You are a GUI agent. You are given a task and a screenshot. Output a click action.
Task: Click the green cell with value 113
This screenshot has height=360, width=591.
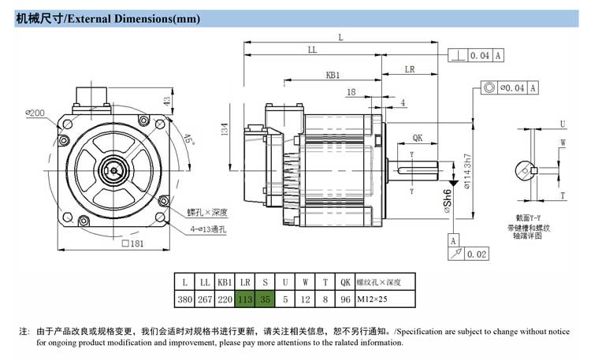pos(244,299)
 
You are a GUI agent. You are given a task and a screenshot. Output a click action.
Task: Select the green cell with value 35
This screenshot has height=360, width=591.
pos(265,299)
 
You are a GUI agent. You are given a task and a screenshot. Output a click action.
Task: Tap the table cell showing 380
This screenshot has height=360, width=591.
pos(185,299)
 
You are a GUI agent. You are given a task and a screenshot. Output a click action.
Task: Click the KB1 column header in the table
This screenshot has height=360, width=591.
pos(225,281)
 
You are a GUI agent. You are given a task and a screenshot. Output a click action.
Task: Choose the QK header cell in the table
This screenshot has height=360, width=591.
pos(344,281)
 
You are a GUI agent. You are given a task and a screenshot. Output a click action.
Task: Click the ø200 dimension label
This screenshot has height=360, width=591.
pos(35,113)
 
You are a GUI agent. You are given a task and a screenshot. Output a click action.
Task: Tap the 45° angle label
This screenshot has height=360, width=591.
pos(188,141)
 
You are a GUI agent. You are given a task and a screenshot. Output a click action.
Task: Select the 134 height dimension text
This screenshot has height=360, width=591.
pos(225,128)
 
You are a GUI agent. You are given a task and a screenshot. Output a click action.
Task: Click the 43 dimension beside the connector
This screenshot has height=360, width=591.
pos(166,101)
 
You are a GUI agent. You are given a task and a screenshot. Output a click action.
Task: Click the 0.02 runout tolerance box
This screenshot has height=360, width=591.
pos(477,254)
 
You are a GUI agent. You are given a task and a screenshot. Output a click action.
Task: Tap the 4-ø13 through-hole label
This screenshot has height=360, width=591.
pos(208,229)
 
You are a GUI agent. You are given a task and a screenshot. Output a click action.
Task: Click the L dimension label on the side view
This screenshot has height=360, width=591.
pos(340,37)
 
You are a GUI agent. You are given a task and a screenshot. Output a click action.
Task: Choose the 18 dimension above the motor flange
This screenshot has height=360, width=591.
pos(351,92)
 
